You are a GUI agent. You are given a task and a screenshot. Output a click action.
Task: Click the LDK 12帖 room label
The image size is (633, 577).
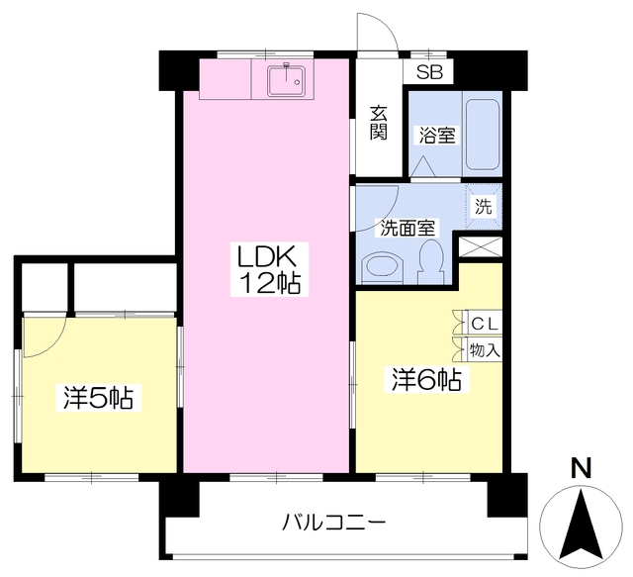pyautogui.click(x=270, y=269)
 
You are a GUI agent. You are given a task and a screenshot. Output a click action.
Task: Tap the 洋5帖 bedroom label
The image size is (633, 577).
pyautogui.click(x=98, y=398)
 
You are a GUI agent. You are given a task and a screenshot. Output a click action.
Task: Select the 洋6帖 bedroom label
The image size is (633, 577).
pyautogui.click(x=426, y=380)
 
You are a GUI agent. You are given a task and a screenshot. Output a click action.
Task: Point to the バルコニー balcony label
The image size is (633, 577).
pyautogui.click(x=333, y=523)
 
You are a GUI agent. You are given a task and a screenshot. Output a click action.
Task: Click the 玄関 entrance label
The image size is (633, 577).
pyautogui.click(x=379, y=123)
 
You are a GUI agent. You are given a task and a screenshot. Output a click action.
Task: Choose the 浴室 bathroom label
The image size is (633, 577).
pyautogui.click(x=437, y=135)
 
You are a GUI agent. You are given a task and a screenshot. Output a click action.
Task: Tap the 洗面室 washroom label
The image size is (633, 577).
pyautogui.click(x=407, y=229)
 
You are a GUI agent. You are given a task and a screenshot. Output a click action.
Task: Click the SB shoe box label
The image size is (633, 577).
pyautogui.click(x=429, y=72)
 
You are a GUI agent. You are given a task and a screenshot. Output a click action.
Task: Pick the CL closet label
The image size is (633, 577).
pyautogui.click(x=485, y=324)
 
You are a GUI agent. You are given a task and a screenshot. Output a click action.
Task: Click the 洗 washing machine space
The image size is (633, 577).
pyautogui.click(x=484, y=207)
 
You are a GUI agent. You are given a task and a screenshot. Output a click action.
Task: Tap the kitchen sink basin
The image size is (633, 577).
pyautogui.click(x=287, y=81)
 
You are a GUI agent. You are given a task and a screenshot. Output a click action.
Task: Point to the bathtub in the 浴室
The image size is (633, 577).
pyautogui.click(x=483, y=135)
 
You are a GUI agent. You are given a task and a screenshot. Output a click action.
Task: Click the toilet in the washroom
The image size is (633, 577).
pyautogui.click(x=431, y=262)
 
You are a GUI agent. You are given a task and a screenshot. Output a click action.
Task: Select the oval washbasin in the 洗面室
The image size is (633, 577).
pyautogui.click(x=384, y=266)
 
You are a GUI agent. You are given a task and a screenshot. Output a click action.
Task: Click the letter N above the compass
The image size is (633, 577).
pyautogui.click(x=581, y=468)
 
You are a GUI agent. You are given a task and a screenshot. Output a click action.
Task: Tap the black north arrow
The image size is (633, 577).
pyautogui.click(x=582, y=527)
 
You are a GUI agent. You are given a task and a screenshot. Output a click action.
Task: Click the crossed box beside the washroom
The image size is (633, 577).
pyautogui.click(x=481, y=246)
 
